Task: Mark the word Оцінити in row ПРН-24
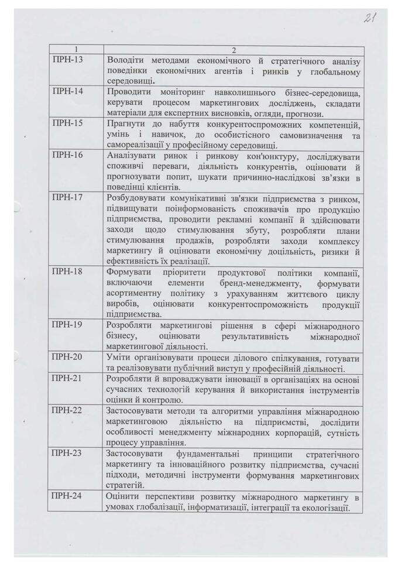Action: [124, 497]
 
